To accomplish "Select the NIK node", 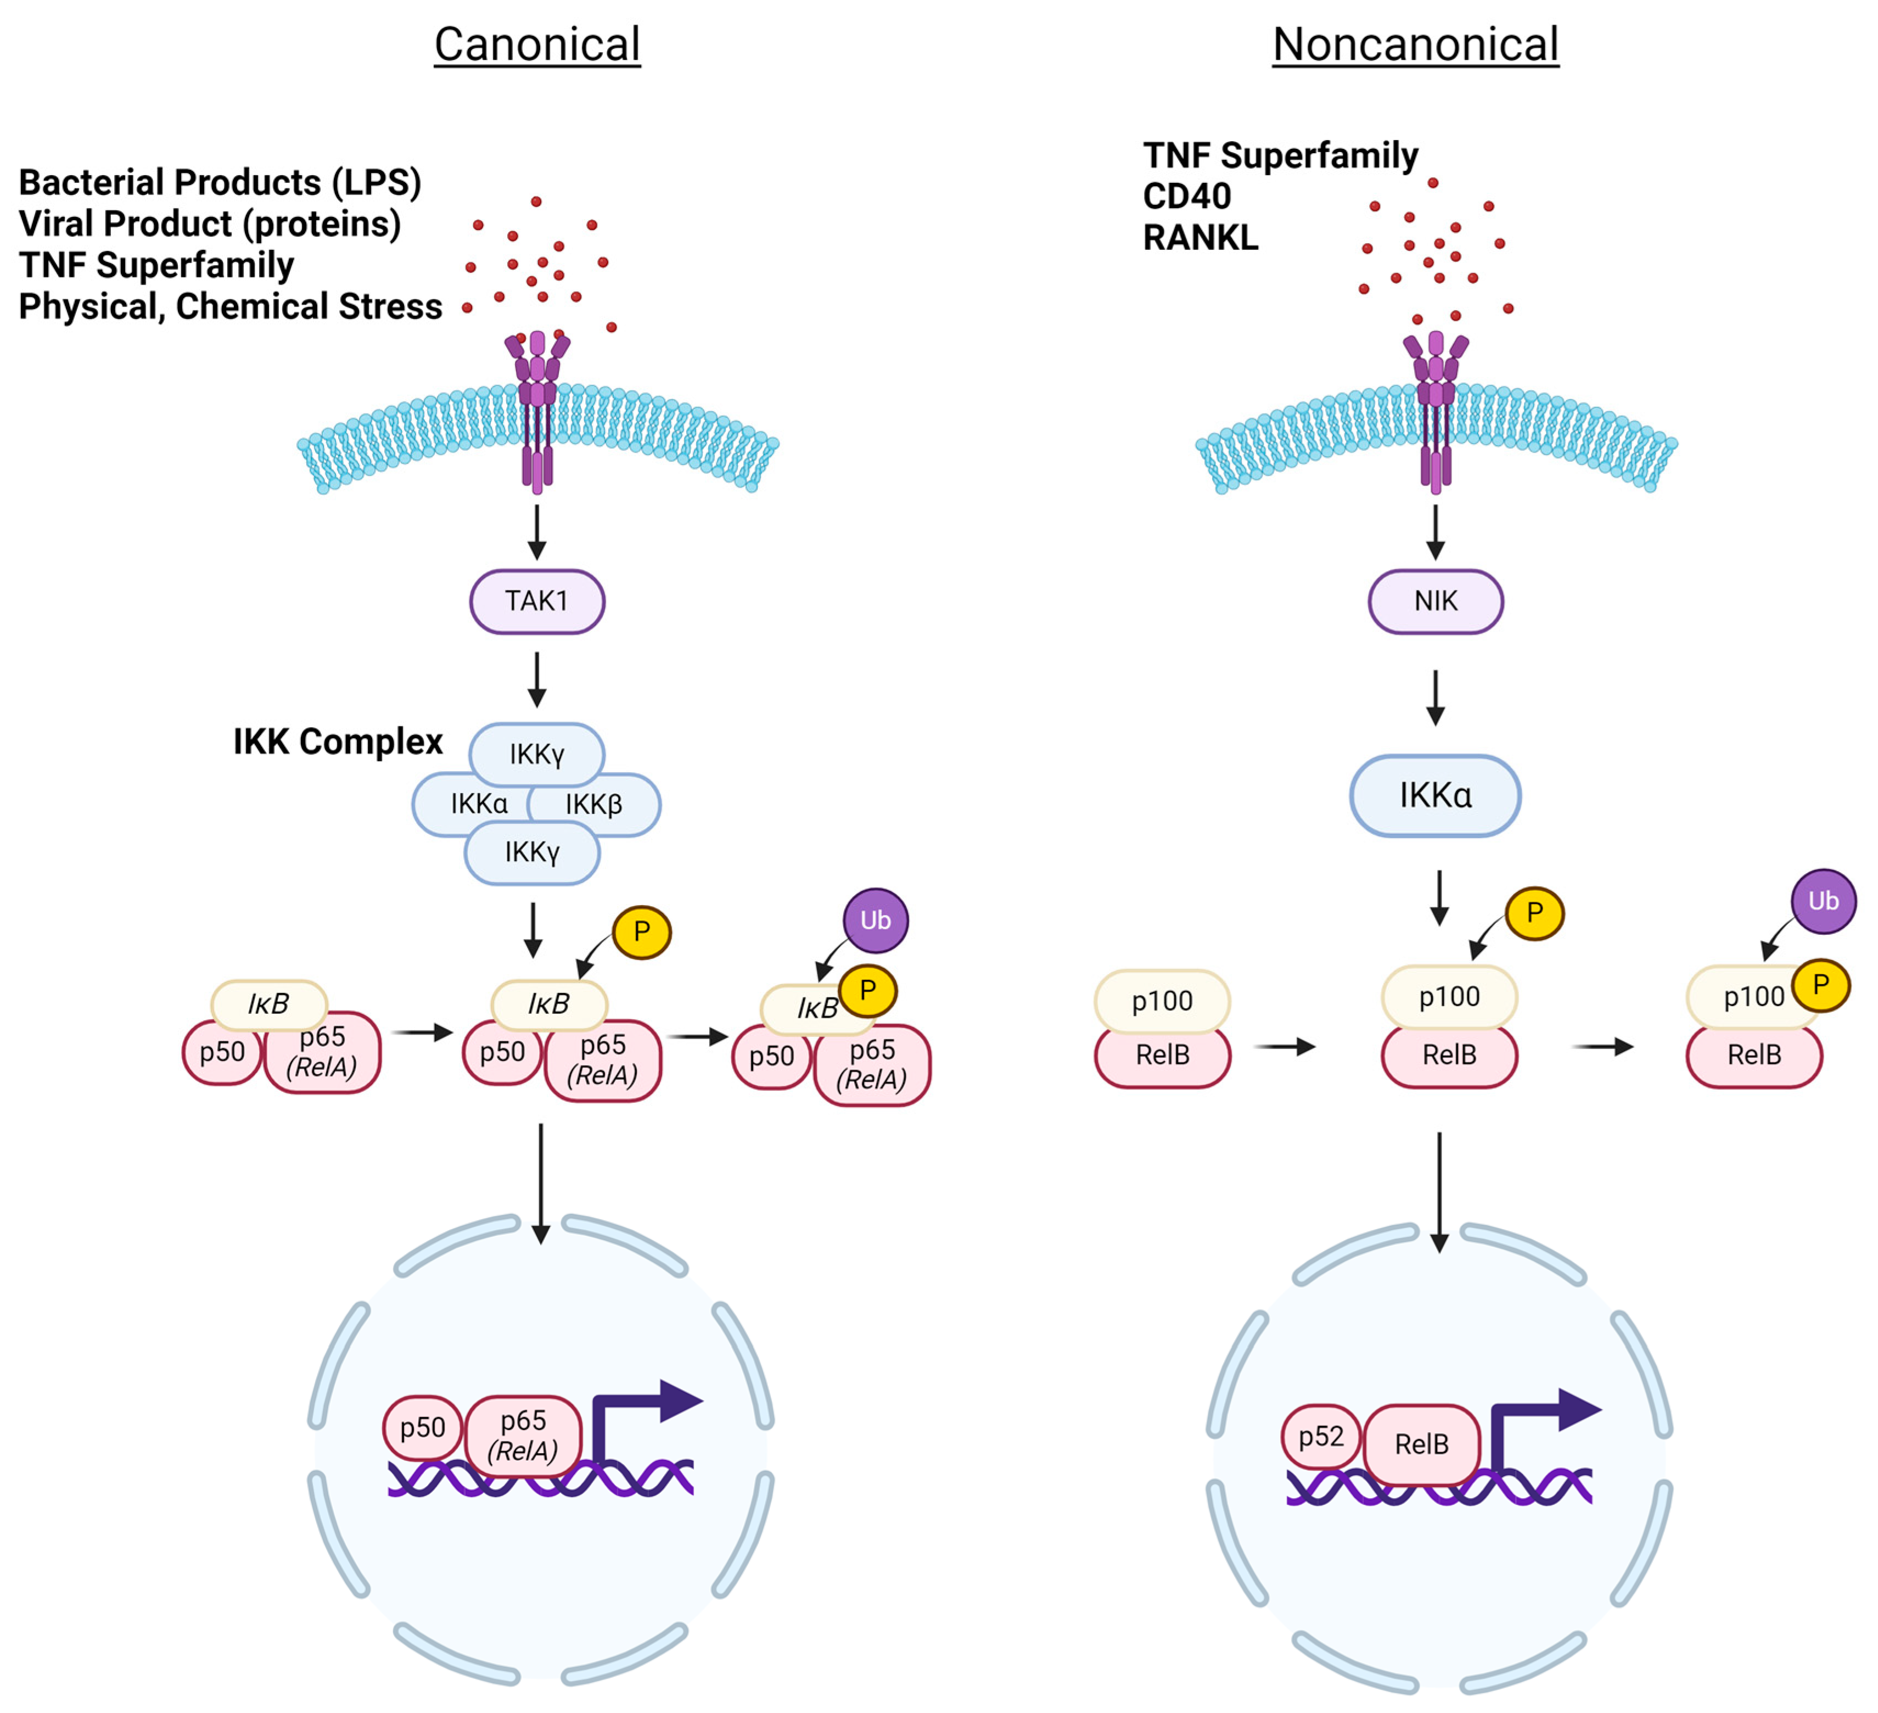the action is coord(1436,602).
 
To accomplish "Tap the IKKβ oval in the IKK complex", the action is coord(595,804).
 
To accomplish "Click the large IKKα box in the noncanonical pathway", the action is coord(1436,796).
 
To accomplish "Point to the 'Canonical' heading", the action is coord(537,44).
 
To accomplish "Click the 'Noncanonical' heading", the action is coord(1416,44).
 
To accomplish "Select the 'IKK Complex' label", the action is coord(338,742).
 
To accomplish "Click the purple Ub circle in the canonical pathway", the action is coord(876,921).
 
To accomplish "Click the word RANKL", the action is coord(1201,238).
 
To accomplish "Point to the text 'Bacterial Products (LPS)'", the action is coord(220,183).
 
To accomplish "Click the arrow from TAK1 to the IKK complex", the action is coord(536,679).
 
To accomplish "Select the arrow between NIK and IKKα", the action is coord(1436,698).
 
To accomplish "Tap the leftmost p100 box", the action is coord(1163,1002).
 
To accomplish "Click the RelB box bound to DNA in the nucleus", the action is coord(1422,1444).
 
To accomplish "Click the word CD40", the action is coord(1187,197).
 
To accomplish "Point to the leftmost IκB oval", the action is coord(269,1005).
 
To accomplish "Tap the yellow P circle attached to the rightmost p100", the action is coord(1821,985).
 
